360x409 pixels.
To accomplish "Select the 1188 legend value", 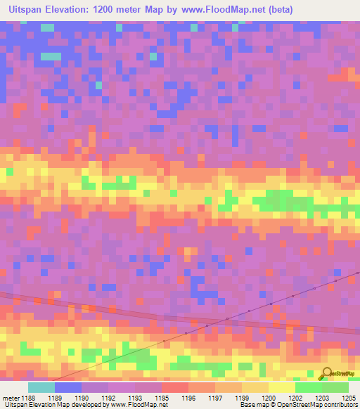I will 28,398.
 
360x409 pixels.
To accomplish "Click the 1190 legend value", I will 82,398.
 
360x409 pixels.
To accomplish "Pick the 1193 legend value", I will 135,398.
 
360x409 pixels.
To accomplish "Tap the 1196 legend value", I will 188,398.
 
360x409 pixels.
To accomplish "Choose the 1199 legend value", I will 242,398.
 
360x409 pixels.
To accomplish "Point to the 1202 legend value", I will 295,398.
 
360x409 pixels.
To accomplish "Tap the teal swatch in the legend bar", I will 41,387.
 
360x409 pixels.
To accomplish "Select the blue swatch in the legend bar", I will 68,387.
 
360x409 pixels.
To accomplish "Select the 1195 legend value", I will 162,398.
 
